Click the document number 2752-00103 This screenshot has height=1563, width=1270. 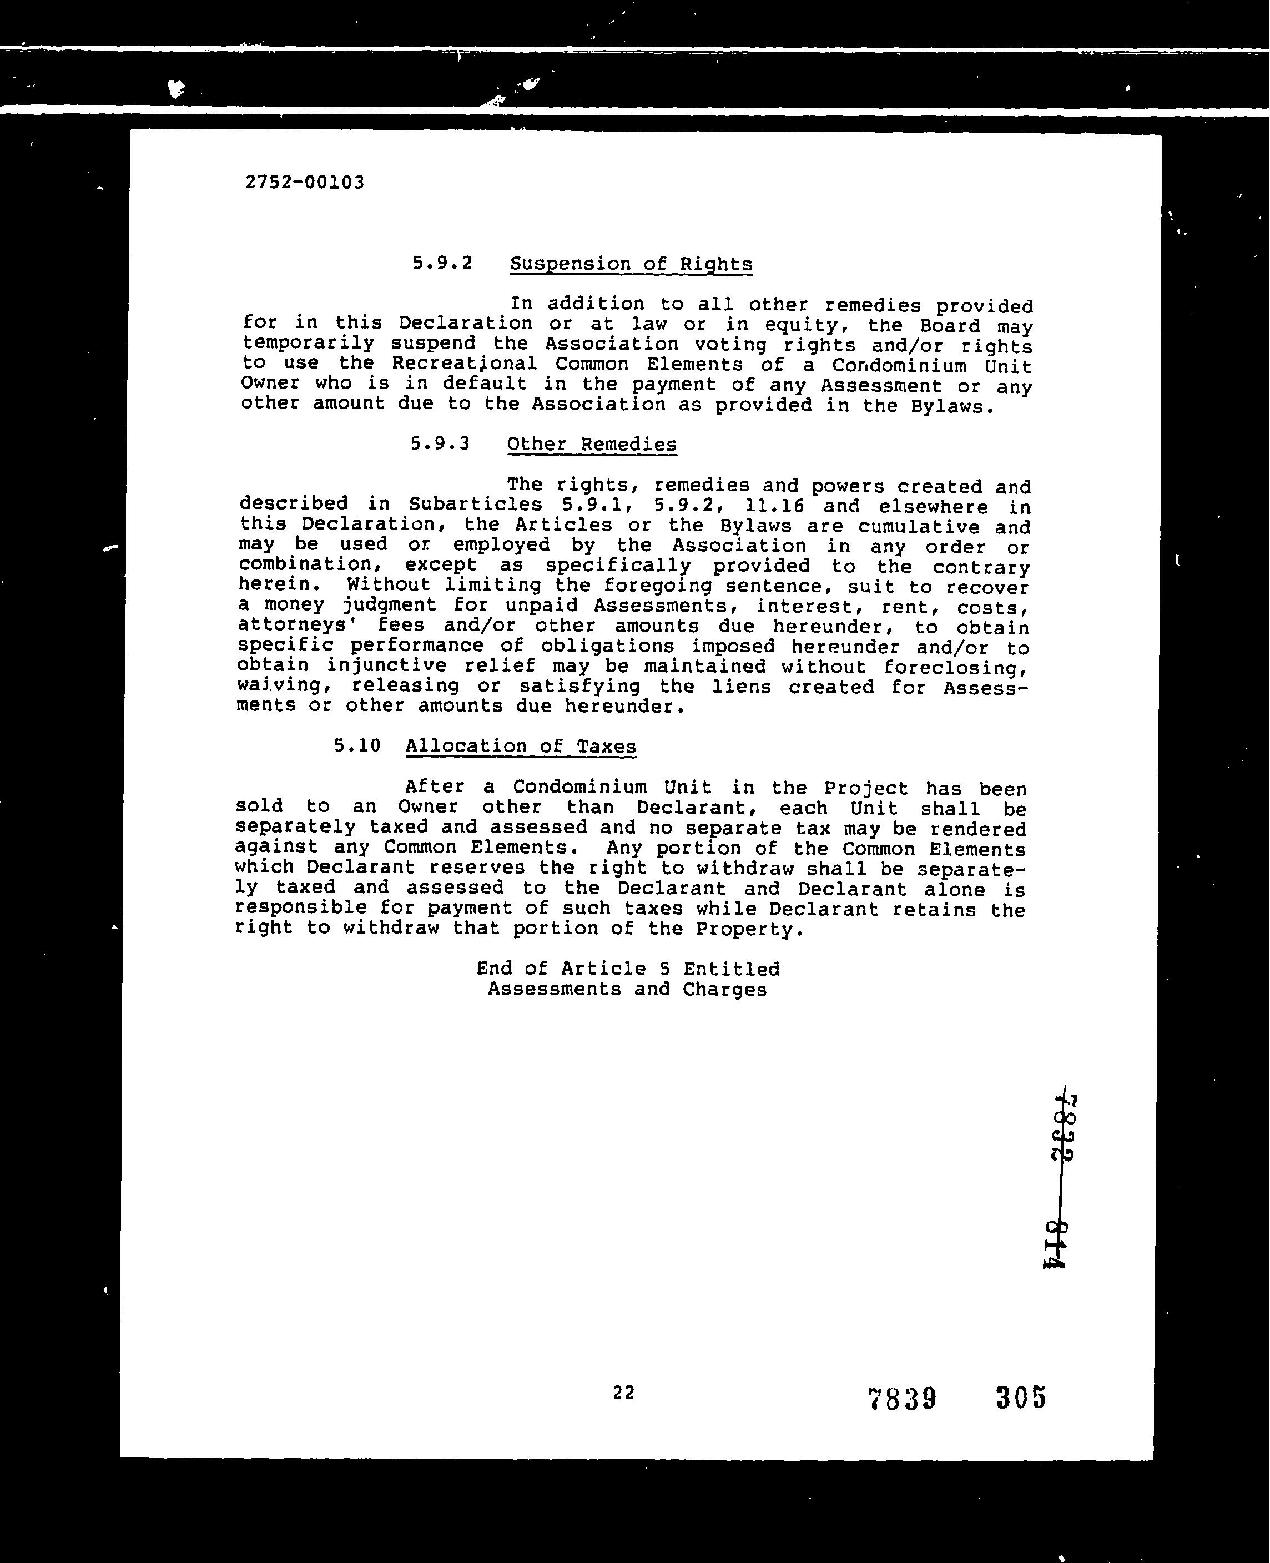304,182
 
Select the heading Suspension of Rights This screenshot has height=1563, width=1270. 631,264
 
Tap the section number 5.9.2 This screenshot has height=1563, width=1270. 442,263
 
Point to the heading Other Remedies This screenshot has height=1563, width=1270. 591,445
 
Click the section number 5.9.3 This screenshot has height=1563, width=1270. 440,444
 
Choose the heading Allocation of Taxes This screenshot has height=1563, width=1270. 520,746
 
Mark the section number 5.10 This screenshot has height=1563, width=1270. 357,745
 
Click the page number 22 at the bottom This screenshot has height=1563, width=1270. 623,1393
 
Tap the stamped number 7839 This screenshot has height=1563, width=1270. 901,1399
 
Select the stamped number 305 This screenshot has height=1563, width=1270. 1021,1397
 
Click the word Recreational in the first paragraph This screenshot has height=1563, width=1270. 464,364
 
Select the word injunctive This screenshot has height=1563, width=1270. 386,665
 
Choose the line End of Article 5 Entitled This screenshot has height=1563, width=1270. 628,969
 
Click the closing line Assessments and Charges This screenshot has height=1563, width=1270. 627,989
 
